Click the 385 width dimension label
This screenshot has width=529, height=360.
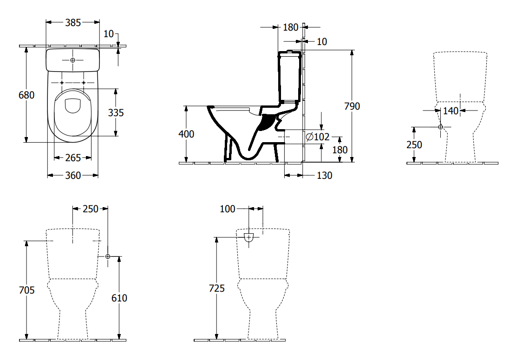tap(73, 23)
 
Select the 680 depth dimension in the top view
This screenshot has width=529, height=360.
tap(26, 95)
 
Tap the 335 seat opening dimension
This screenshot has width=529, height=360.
tap(116, 113)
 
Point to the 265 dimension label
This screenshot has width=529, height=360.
tap(73, 158)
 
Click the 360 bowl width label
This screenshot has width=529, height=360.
tap(73, 176)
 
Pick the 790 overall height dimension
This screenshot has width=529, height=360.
tap(352, 106)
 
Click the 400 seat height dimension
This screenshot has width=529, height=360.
tap(186, 134)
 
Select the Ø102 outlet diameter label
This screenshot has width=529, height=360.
tap(318, 137)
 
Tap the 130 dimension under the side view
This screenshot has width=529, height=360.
tap(324, 176)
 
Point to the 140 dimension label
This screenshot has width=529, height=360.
tap(451, 111)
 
